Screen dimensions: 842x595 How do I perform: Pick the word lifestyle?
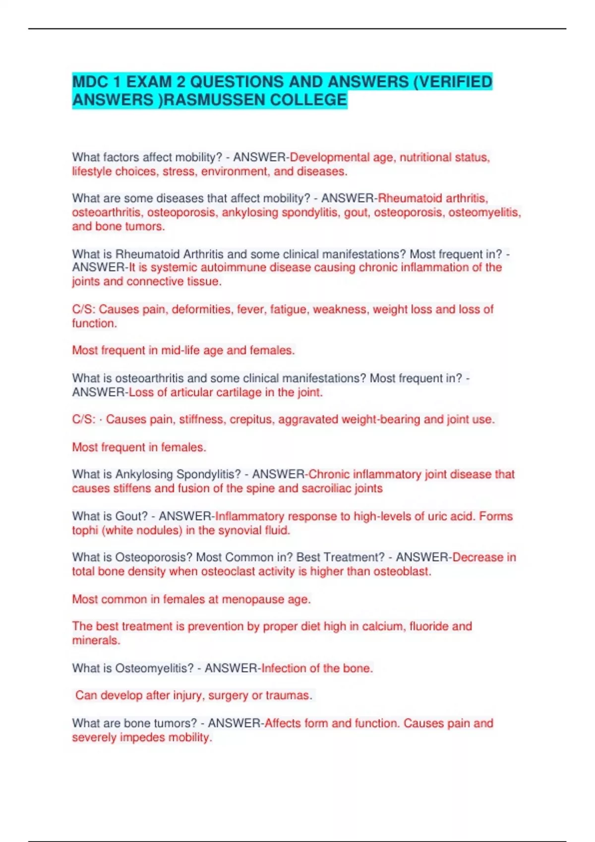pos(92,171)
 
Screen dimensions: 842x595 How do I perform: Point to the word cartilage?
pos(238,392)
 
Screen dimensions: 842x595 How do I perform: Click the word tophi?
pos(85,530)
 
